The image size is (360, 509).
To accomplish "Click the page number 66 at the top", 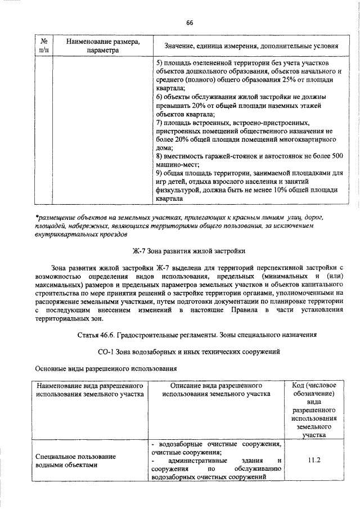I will (x=190, y=22).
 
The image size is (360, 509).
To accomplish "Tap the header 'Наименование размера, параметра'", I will (x=103, y=46).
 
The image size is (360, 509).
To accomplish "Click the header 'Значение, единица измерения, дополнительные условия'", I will (x=251, y=46).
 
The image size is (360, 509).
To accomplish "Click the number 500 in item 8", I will (x=336, y=156).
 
